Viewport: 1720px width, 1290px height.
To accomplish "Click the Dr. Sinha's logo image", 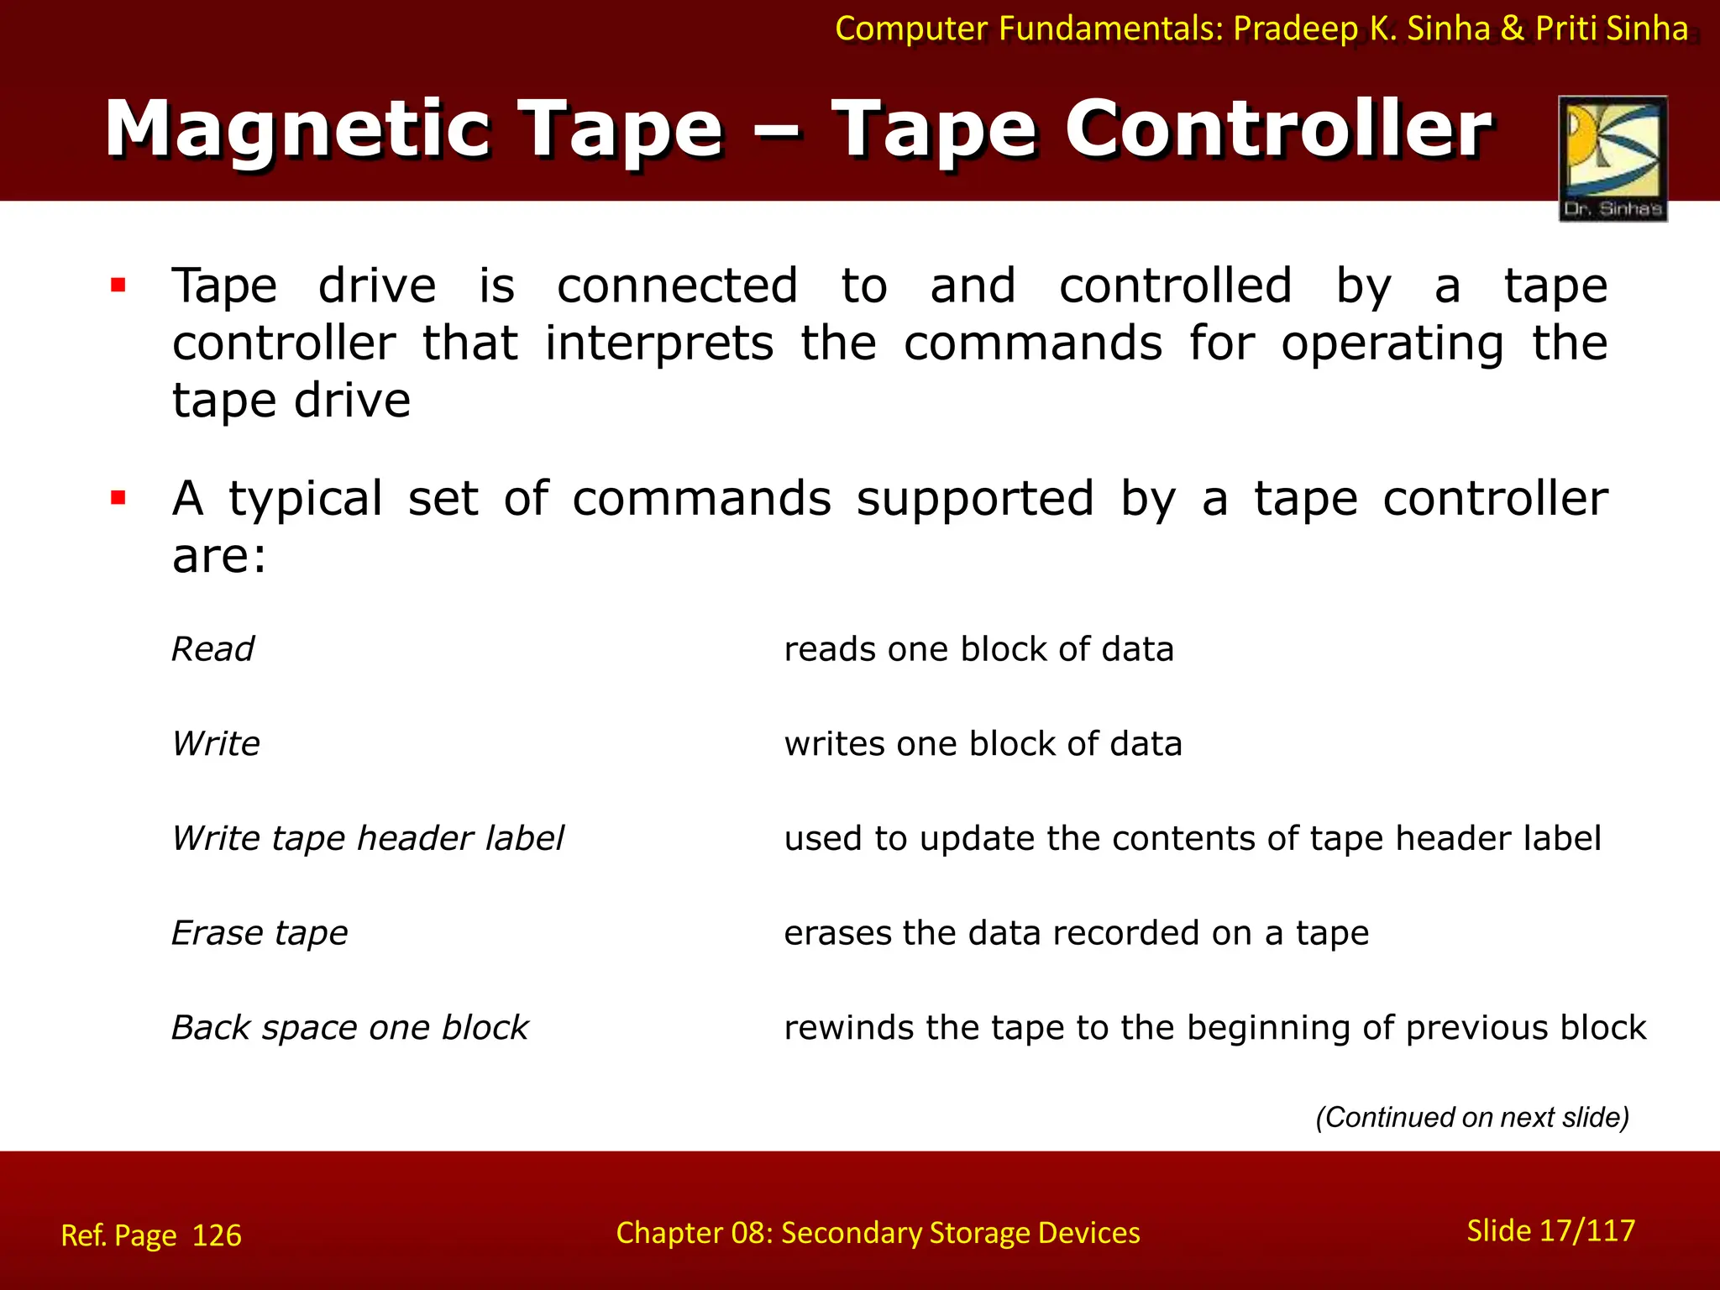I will (1612, 158).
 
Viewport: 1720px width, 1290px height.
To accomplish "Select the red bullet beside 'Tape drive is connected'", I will (118, 286).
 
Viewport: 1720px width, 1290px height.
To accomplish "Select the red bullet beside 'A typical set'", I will (118, 498).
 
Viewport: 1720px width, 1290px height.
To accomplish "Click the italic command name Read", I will (212, 649).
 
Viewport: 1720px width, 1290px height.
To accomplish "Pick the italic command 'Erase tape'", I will (260, 933).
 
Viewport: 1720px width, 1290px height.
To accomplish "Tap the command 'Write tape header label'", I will (368, 838).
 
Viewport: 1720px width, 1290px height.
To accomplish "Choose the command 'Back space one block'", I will (350, 1028).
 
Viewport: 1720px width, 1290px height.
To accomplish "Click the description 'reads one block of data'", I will (978, 649).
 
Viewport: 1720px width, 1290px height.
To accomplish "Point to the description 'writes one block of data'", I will (983, 744).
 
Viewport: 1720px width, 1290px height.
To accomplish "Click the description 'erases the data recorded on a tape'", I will (1076, 933).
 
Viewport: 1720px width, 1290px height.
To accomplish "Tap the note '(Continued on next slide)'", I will (1472, 1117).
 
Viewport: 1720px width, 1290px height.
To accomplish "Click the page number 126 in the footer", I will (217, 1235).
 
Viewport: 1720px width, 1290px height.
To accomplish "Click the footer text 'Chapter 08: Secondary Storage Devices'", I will (878, 1233).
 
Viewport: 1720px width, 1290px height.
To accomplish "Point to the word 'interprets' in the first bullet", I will (659, 343).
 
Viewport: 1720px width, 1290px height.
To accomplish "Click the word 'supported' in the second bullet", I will (975, 499).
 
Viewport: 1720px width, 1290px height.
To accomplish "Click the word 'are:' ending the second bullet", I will (219, 555).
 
